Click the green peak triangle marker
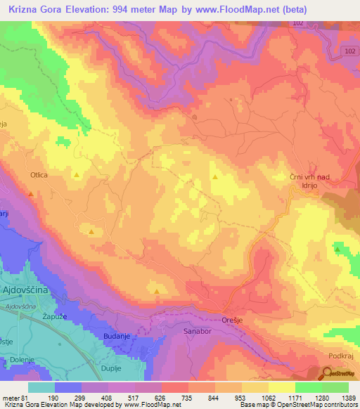[338, 249]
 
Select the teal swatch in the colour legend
[41, 387]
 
